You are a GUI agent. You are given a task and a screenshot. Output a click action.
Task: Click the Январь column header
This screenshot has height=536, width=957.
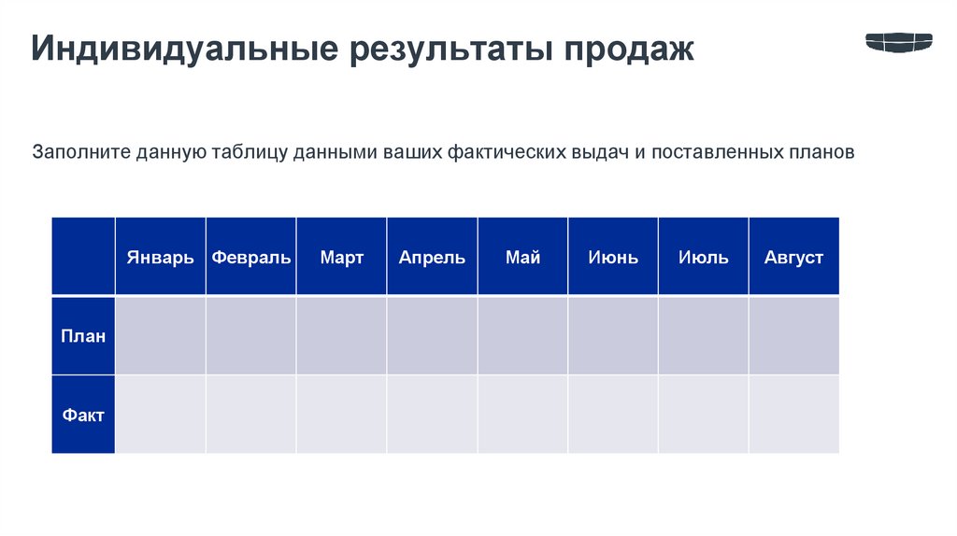pyautogui.click(x=161, y=257)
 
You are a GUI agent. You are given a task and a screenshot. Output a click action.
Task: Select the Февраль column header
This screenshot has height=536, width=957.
pyautogui.click(x=251, y=257)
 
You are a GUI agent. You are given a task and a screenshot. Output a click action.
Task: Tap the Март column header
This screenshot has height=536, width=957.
pyautogui.click(x=341, y=257)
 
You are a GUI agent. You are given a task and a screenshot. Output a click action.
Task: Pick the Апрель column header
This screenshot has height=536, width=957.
pyautogui.click(x=432, y=257)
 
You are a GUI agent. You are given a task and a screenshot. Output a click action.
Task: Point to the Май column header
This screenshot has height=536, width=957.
pyautogui.click(x=522, y=257)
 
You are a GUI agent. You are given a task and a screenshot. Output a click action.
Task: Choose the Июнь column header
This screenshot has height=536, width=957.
pyautogui.click(x=613, y=257)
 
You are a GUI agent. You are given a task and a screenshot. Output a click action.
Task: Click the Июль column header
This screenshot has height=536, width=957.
pyautogui.click(x=704, y=257)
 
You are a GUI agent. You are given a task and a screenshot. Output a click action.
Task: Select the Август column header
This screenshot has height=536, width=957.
pyautogui.click(x=793, y=257)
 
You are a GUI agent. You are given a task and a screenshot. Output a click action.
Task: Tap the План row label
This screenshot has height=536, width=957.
pyautogui.click(x=83, y=336)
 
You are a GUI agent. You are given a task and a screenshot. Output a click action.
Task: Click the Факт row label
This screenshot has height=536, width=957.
pyautogui.click(x=83, y=415)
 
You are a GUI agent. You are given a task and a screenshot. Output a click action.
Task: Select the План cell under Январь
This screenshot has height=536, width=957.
pyautogui.click(x=161, y=336)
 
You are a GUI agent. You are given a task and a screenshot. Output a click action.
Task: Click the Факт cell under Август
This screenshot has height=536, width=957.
pyautogui.click(x=793, y=415)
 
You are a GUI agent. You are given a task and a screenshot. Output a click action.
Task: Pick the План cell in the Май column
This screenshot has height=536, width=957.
pyautogui.click(x=522, y=336)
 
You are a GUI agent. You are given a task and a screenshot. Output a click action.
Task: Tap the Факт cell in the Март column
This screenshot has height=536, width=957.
pyautogui.click(x=341, y=415)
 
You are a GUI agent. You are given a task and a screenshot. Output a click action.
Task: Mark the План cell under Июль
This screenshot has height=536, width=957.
pyautogui.click(x=704, y=336)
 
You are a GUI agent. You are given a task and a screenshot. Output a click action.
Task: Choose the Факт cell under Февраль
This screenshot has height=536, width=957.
pyautogui.click(x=251, y=415)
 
